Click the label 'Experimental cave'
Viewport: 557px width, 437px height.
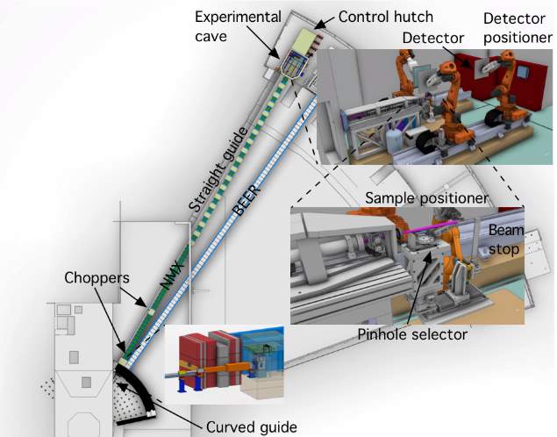tap(238, 26)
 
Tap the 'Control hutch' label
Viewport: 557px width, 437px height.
tap(386, 17)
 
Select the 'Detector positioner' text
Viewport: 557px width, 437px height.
tap(518, 28)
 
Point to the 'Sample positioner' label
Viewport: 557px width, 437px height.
tap(426, 198)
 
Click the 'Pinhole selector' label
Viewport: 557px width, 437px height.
tap(412, 334)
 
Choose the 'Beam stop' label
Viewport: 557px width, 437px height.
tap(506, 240)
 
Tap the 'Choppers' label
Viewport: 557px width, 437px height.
tap(96, 278)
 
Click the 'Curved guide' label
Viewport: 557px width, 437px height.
tap(251, 427)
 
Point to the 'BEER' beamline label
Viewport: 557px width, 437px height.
tap(246, 200)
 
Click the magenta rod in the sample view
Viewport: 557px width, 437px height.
tap(430, 226)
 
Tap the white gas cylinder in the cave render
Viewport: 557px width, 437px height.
tap(395, 141)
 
